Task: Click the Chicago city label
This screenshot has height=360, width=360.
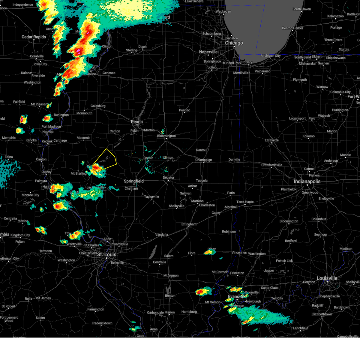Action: click(234, 43)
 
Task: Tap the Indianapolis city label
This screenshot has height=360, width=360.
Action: click(307, 181)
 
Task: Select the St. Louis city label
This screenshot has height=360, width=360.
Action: click(106, 254)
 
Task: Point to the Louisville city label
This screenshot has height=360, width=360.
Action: click(327, 278)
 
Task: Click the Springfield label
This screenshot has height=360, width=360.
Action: click(134, 181)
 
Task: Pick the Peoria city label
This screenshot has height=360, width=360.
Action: click(137, 122)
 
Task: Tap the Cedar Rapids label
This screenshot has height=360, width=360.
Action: click(34, 37)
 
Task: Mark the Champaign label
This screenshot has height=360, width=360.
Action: click(203, 160)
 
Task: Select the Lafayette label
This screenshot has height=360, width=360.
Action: click(271, 140)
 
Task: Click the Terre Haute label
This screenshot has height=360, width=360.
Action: click(245, 202)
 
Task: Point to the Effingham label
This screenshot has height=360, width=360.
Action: click(189, 224)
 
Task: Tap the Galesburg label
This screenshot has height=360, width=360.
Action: click(98, 106)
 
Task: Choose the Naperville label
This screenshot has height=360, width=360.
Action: click(208, 52)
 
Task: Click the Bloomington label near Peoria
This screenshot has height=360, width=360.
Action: click(166, 136)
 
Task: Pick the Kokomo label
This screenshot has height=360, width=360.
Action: click(308, 136)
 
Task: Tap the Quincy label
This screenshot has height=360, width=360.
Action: click(46, 172)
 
